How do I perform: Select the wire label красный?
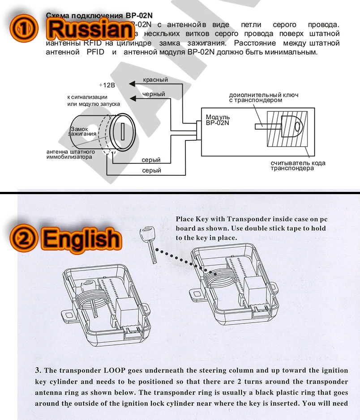click(155, 80)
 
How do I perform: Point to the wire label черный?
click(154, 94)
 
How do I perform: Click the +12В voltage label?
click(107, 85)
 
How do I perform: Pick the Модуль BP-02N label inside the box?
click(218, 120)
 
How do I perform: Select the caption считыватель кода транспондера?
click(298, 165)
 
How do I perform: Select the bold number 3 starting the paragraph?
click(38, 370)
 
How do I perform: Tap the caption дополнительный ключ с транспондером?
click(263, 98)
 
